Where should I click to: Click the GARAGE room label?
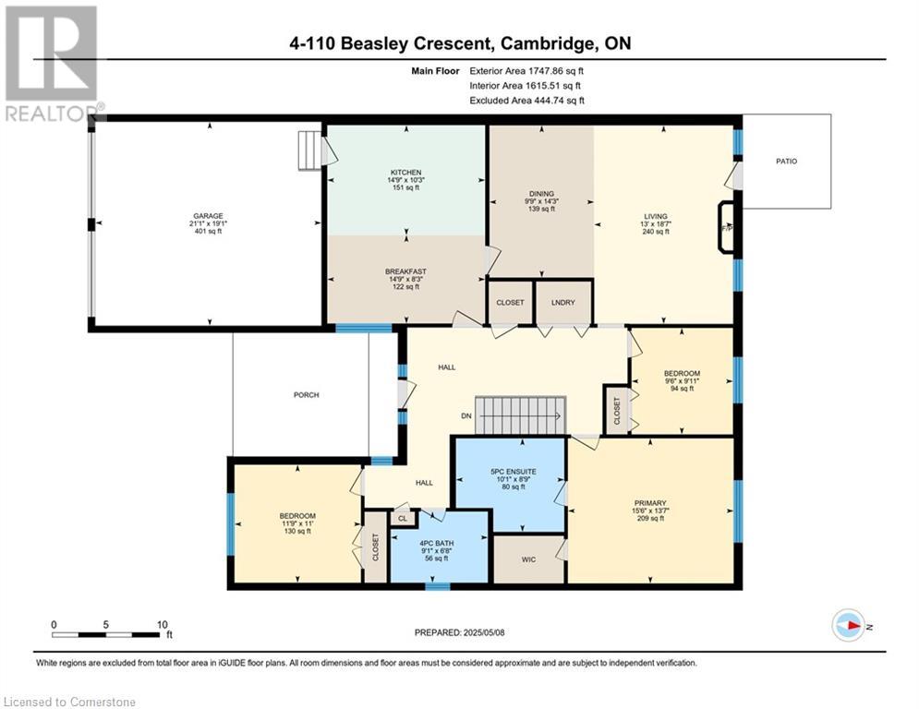208,216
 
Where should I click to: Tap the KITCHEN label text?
406,173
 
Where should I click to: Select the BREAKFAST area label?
405,272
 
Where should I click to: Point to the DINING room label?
541,194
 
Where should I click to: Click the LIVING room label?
655,216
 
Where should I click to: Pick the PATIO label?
787,162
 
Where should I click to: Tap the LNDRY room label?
563,303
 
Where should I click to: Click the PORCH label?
307,395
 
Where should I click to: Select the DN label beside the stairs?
466,416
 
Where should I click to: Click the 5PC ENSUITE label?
514,472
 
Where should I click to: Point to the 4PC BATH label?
437,543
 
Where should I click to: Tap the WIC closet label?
528,559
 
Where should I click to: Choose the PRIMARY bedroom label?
650,503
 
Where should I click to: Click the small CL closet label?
403,519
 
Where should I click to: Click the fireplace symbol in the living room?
726,228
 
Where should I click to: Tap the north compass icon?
849,626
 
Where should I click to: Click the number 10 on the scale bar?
163,625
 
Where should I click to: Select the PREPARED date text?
460,632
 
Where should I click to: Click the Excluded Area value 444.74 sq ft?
559,101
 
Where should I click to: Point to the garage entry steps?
309,150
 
